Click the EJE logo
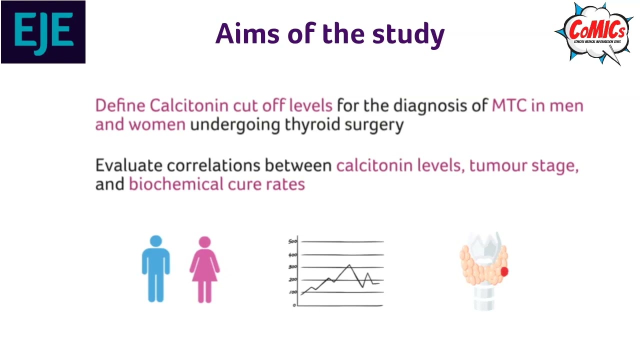[x=43, y=32]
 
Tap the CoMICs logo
[x=593, y=33]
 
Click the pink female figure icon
[x=204, y=270]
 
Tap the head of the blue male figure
[x=156, y=242]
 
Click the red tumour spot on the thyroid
[x=504, y=271]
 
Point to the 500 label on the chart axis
[x=292, y=242]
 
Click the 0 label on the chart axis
[x=294, y=305]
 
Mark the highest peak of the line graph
[x=349, y=264]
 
